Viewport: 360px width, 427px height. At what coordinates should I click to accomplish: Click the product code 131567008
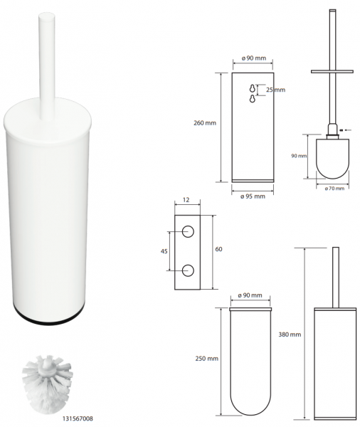(x=78, y=418)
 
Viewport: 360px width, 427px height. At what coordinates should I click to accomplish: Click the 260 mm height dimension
(x=205, y=123)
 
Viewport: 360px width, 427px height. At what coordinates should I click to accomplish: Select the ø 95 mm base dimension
(x=253, y=196)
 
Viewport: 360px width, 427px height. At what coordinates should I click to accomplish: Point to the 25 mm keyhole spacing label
(x=275, y=90)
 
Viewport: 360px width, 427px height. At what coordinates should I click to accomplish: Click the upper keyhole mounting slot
(x=253, y=88)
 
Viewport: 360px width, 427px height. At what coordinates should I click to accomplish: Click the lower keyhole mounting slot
(x=253, y=99)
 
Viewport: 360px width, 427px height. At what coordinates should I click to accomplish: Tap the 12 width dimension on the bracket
(x=186, y=200)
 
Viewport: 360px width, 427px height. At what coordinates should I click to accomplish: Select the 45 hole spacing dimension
(x=164, y=251)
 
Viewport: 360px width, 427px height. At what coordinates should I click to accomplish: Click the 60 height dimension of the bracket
(x=218, y=249)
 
